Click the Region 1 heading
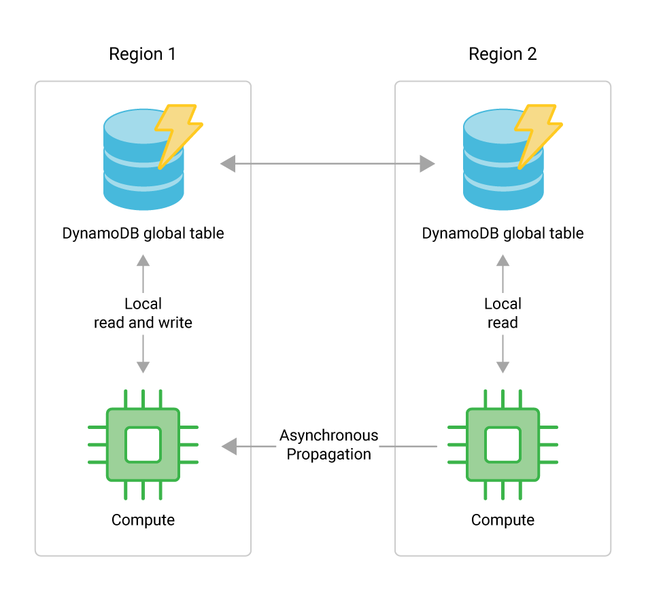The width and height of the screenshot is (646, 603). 142,54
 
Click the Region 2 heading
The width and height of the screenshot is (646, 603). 503,54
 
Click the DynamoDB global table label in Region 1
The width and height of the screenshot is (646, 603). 143,233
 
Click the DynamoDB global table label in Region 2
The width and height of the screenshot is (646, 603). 503,233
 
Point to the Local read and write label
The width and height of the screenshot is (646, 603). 143,313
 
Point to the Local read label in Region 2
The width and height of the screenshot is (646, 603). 503,313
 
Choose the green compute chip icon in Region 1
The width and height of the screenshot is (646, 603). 143,445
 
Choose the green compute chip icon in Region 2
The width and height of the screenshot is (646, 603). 503,445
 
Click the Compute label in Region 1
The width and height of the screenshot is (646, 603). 143,520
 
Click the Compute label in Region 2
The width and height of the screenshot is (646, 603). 503,520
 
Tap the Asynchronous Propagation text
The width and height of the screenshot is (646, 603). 328,445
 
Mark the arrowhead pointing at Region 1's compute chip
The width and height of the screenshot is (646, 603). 228,447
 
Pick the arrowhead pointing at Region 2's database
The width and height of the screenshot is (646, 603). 428,163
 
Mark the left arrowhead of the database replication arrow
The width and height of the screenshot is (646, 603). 227,163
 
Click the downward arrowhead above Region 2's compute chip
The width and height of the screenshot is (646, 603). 503,366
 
